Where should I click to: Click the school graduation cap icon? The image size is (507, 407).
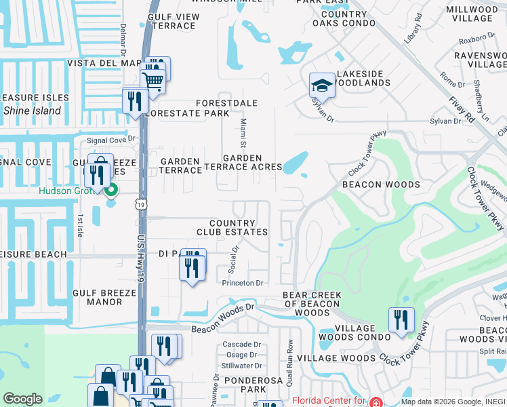point(322,85)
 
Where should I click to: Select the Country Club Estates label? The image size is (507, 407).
point(232,227)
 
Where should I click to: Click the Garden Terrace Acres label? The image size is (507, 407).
point(243,162)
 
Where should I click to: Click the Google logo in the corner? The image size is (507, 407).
point(22,399)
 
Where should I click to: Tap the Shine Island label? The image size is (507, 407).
point(32,111)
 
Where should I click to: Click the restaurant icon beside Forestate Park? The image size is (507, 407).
point(134,100)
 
